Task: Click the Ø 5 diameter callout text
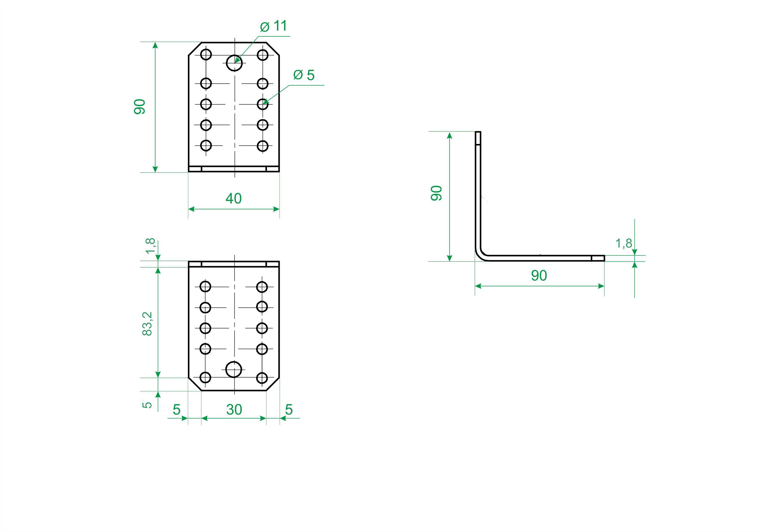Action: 304,75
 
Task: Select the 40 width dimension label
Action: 234,198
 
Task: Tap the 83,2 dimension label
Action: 147,324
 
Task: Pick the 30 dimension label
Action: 234,410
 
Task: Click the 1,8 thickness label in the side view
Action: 623,243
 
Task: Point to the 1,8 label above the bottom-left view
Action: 150,245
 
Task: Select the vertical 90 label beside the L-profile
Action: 436,193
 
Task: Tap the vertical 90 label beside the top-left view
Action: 140,107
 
